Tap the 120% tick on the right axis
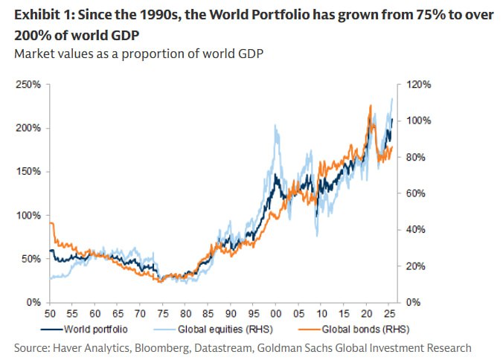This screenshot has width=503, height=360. [412, 85]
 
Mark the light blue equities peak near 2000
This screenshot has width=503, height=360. [276, 126]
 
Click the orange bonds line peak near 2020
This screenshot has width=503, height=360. [370, 106]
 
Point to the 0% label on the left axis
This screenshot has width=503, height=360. [31, 302]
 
